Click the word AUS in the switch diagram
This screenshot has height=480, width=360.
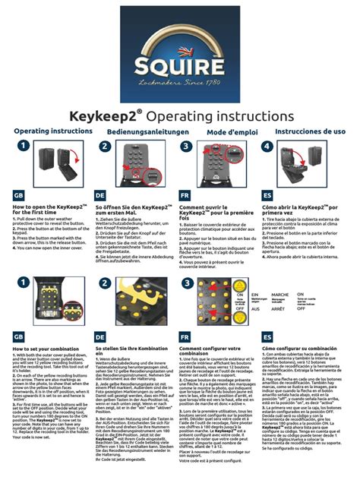pos(255,308)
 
